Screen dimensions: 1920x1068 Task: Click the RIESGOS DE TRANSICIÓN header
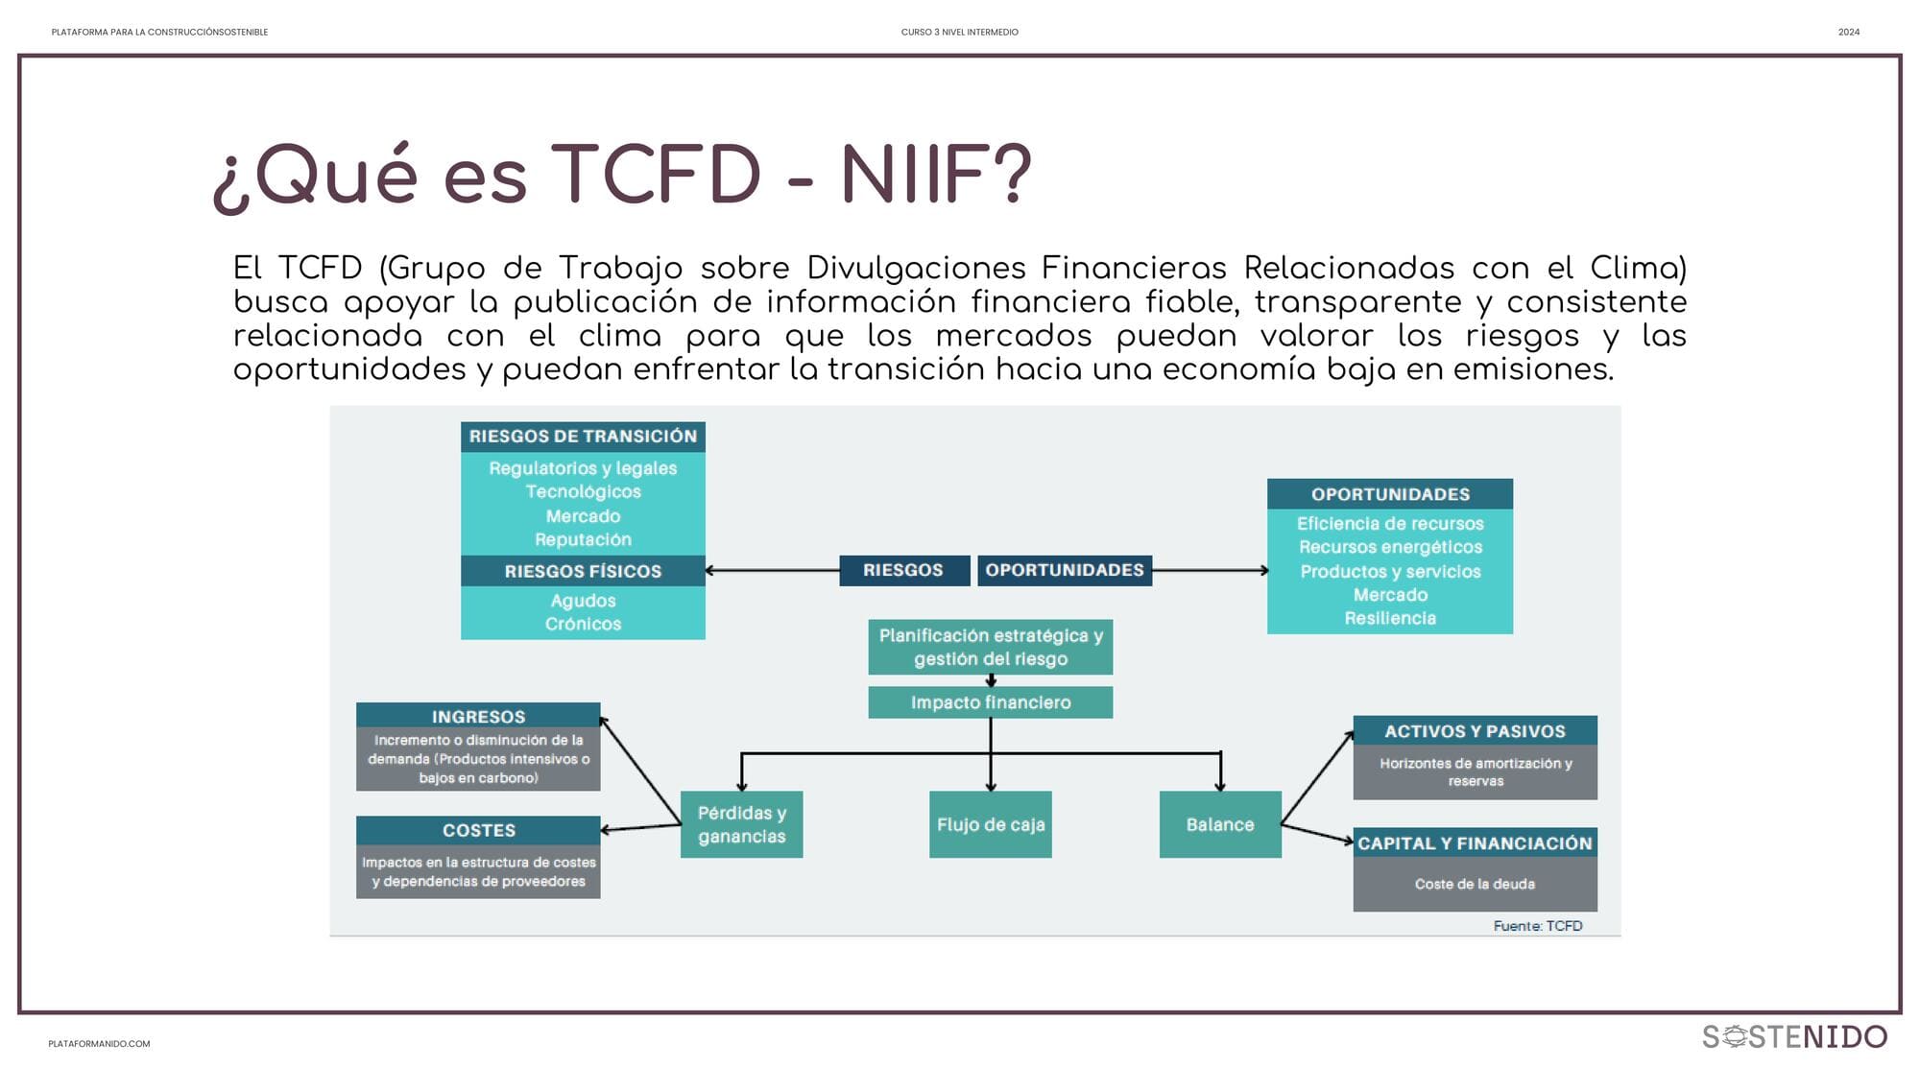tap(583, 437)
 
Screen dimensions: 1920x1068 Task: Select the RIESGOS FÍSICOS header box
tap(583, 571)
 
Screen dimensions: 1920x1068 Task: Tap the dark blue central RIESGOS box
tap(903, 570)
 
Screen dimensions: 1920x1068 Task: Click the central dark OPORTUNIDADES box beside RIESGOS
tap(1065, 570)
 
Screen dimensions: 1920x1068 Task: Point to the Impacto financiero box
tap(991, 702)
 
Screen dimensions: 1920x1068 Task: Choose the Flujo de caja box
tap(991, 824)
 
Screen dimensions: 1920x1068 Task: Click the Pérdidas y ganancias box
tap(742, 824)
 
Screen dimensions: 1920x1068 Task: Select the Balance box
tap(1220, 824)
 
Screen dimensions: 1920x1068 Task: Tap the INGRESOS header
tap(478, 716)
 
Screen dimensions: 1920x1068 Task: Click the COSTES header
tap(478, 830)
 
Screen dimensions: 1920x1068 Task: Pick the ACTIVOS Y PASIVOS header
tap(1476, 731)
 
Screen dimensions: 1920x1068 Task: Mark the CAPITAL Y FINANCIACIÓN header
tap(1476, 843)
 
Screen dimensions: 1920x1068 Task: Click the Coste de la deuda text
tap(1475, 884)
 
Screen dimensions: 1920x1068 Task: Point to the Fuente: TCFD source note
tap(1538, 926)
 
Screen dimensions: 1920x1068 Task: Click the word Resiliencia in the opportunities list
tap(1390, 619)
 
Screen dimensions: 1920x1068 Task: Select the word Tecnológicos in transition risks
tap(583, 492)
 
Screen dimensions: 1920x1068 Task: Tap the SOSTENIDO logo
tap(1794, 1037)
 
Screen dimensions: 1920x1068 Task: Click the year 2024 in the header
tap(1849, 33)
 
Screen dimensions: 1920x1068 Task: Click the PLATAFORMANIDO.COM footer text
tap(99, 1044)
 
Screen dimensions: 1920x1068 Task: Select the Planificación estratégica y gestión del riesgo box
tap(991, 648)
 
